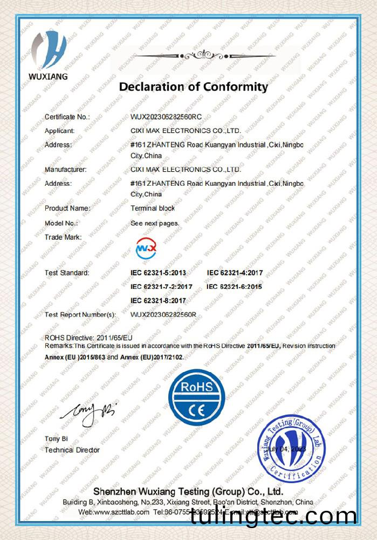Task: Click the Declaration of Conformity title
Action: coord(193,86)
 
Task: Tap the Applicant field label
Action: coord(59,131)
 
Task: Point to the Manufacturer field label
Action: coord(65,170)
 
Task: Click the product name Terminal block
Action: coord(153,208)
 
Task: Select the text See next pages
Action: coord(155,222)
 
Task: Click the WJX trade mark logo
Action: coord(146,248)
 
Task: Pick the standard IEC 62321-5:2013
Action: coord(158,273)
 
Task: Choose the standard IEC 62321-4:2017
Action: coord(235,273)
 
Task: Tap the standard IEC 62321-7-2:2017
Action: coord(161,287)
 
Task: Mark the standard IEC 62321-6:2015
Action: coord(235,287)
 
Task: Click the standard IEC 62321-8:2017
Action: coord(158,300)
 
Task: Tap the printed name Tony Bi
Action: coord(56,439)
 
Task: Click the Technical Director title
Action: coord(72,450)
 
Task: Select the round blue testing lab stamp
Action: coord(291,449)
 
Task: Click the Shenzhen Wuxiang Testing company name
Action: coord(188,492)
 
